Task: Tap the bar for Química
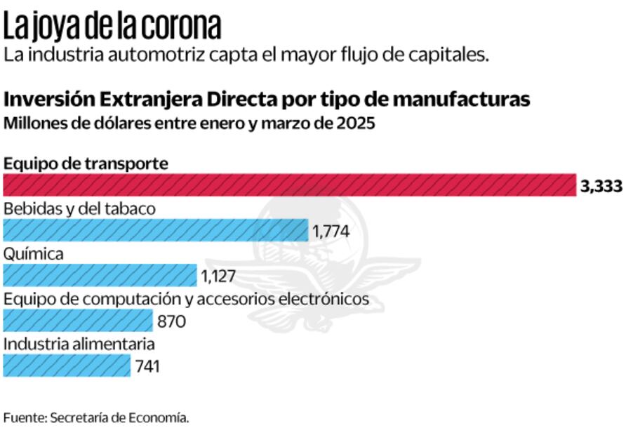coord(100,275)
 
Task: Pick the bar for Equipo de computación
coord(78,321)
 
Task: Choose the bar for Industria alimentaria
coord(67,366)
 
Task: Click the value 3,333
coord(601,187)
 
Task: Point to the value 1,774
coord(331,231)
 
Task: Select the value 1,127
coord(218,276)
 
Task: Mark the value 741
coord(148,366)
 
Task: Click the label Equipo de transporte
coord(86,163)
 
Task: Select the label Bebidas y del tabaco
coord(79,208)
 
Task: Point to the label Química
coord(34,254)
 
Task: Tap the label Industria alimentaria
coord(79,344)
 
